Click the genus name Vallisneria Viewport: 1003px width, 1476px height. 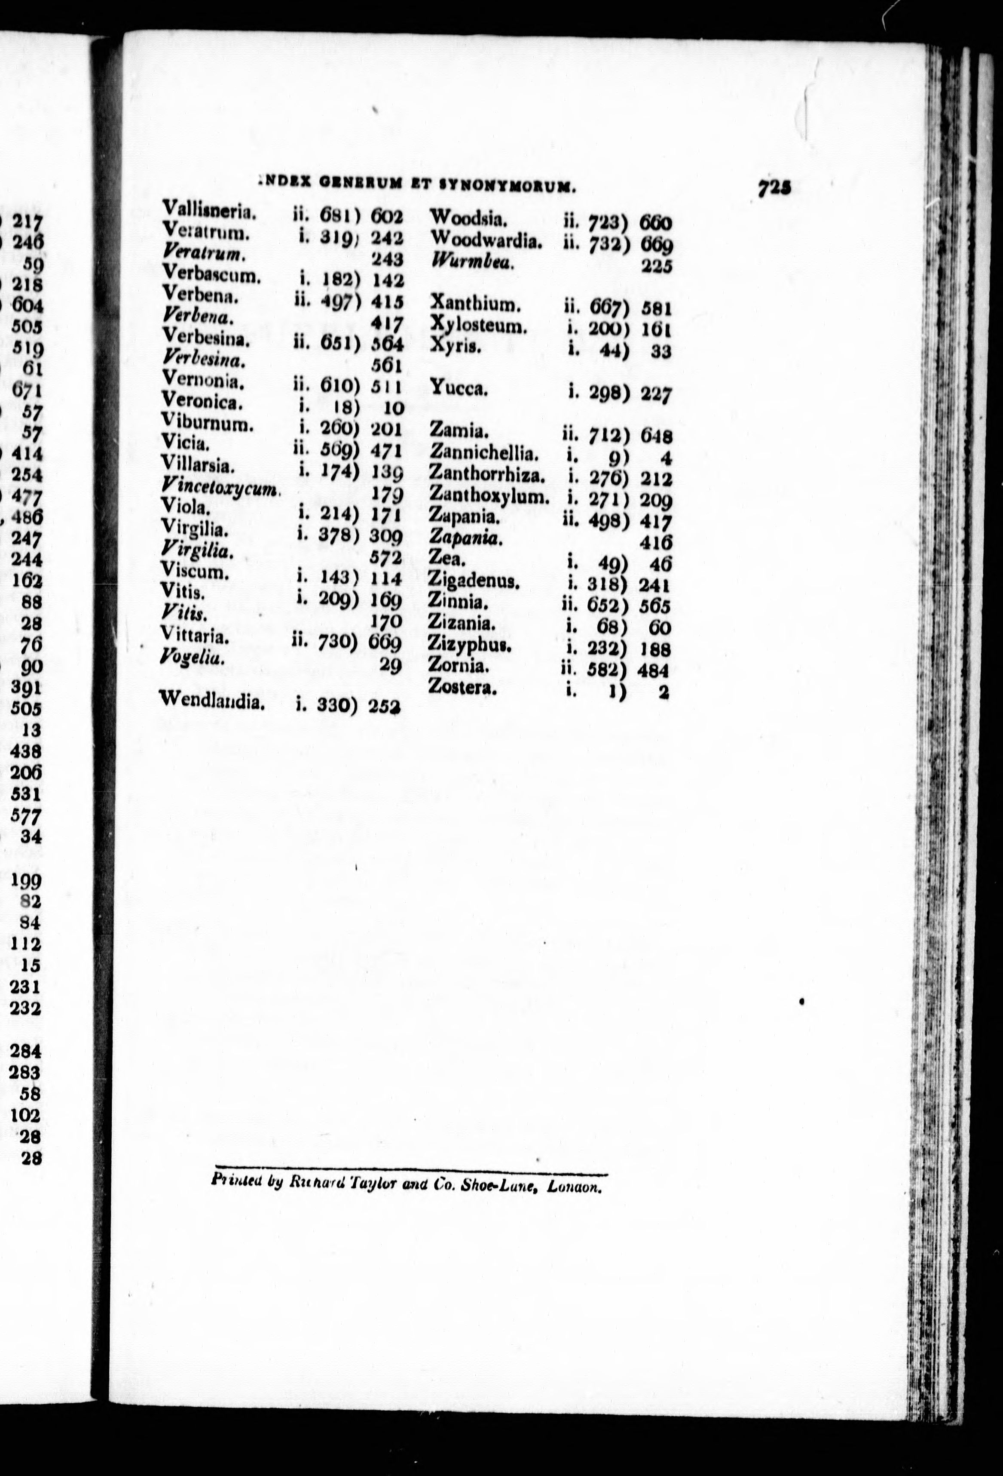click(x=209, y=209)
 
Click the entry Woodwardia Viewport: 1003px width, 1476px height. click(x=486, y=241)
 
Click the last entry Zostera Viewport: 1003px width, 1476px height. click(x=462, y=686)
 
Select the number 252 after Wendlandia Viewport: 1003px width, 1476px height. click(x=385, y=706)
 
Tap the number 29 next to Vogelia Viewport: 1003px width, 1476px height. click(x=391, y=665)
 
